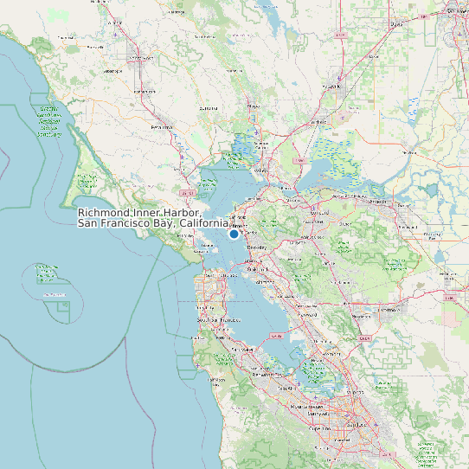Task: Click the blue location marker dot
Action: click(x=234, y=234)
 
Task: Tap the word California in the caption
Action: click(x=202, y=224)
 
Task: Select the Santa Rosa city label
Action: click(x=139, y=58)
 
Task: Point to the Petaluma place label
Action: click(x=162, y=126)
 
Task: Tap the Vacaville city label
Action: click(x=332, y=87)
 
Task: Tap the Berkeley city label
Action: click(x=257, y=247)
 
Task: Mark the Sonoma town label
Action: click(x=209, y=108)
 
